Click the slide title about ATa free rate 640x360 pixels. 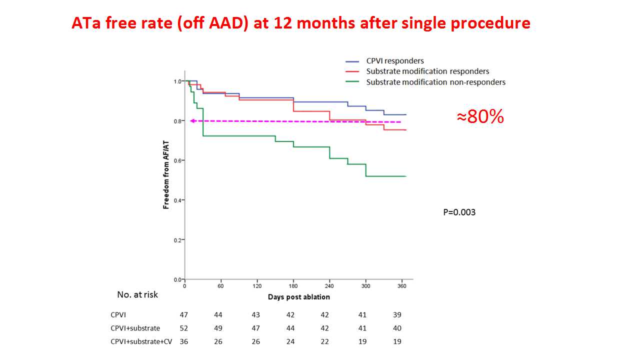[x=300, y=23]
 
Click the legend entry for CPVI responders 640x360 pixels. [x=395, y=61]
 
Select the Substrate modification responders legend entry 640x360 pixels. [x=427, y=71]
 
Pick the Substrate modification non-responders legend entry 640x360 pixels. [x=435, y=82]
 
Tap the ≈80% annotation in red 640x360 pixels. [x=480, y=117]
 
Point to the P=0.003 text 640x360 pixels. [x=459, y=212]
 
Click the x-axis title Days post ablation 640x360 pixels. [x=298, y=297]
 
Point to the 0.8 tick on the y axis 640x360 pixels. [x=177, y=121]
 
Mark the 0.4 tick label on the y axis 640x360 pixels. [x=177, y=200]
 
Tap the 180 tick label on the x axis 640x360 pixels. [x=293, y=286]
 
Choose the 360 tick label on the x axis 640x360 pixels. [x=401, y=286]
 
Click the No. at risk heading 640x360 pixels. [x=137, y=295]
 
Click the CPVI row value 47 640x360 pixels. [x=184, y=315]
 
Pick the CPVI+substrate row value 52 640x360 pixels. [x=184, y=328]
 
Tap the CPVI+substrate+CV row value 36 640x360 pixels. [x=184, y=342]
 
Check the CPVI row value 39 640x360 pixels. [x=397, y=315]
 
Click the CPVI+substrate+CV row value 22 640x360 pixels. [x=326, y=342]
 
